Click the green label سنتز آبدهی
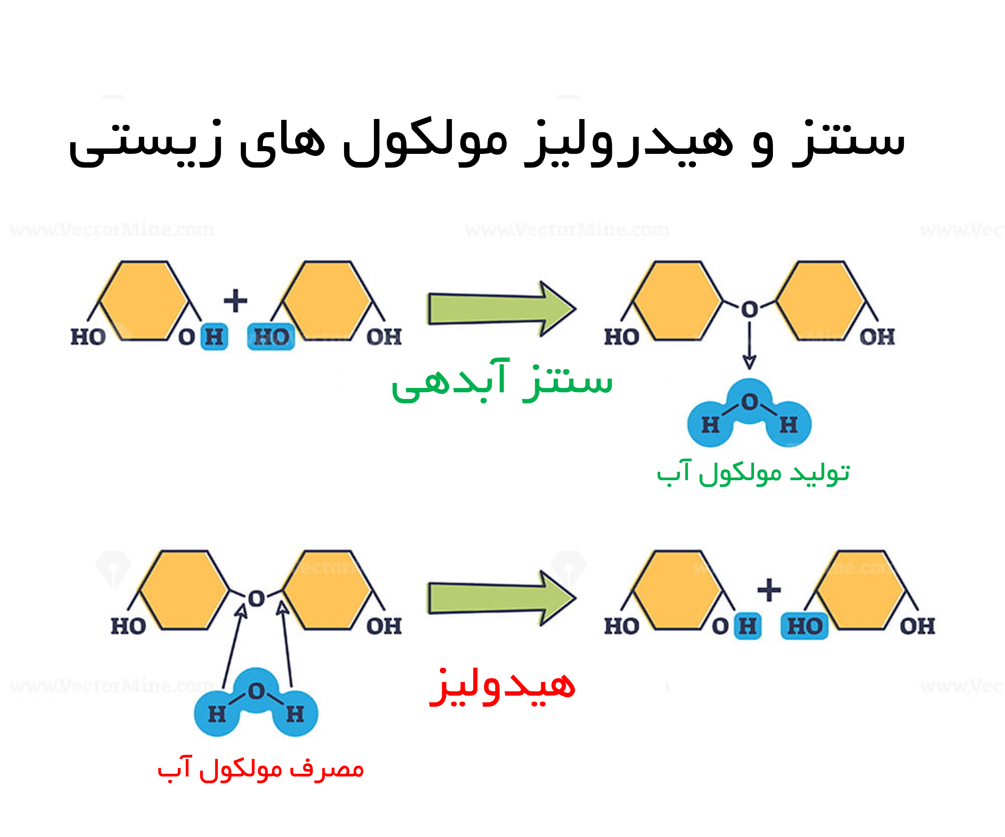coord(502,381)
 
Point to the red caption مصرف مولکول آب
coord(261,769)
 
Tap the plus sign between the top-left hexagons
coord(235,301)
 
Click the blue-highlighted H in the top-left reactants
coord(214,337)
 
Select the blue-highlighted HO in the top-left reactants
coord(271,337)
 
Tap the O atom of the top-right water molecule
coord(750,402)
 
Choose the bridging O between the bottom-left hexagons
coord(256,599)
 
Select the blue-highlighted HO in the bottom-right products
coord(804,626)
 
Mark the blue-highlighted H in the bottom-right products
coord(748,626)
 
